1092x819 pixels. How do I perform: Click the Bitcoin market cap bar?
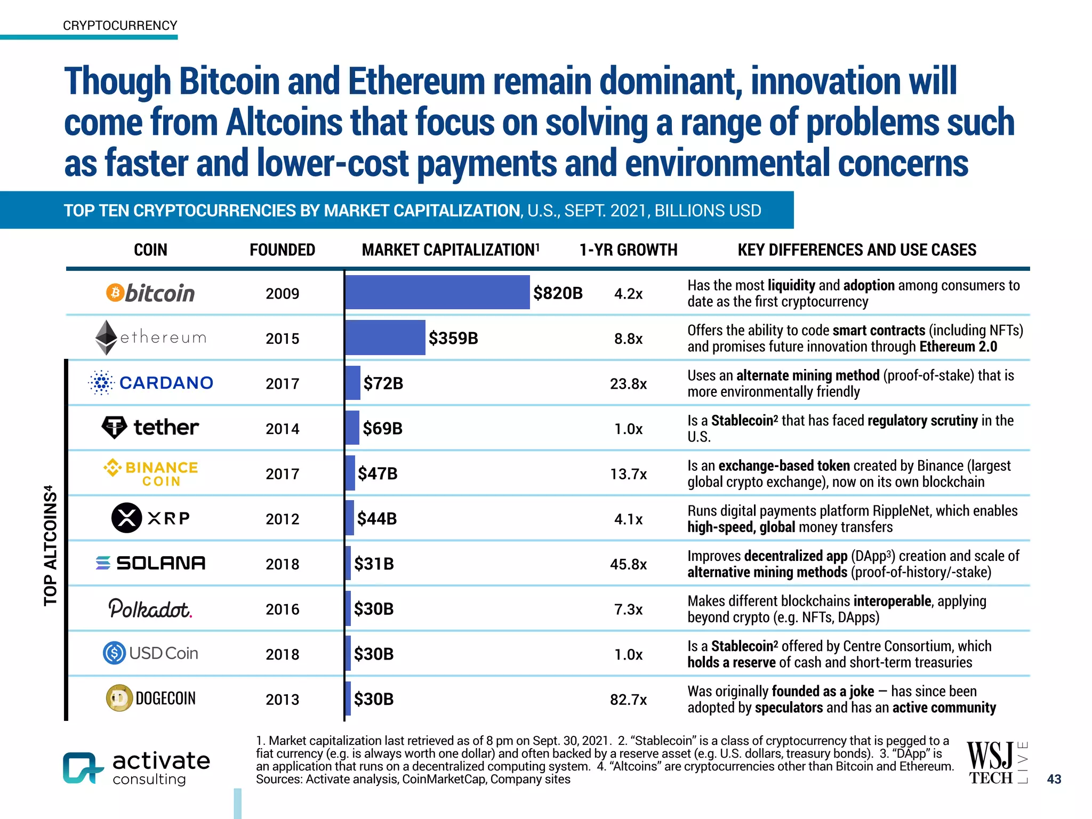point(437,292)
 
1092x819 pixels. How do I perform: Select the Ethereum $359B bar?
point(385,338)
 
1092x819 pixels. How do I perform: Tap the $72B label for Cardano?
point(383,383)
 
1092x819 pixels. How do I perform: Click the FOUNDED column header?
point(282,250)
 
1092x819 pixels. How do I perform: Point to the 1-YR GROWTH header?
point(628,250)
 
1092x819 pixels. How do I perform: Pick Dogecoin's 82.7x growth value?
point(628,700)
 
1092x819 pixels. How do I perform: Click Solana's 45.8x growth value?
point(628,564)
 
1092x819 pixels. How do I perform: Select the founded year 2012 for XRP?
point(282,519)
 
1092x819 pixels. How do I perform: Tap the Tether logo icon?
point(114,427)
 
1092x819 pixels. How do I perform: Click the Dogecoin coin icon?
point(119,698)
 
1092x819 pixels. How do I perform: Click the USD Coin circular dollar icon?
point(114,653)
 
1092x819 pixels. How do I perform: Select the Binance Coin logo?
point(151,473)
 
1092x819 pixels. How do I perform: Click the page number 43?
point(1054,779)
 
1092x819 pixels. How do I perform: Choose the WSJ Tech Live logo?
point(996,762)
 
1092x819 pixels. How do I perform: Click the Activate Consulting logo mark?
point(82,768)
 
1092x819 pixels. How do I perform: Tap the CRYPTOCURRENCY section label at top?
point(120,26)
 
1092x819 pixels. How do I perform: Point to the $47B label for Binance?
point(378,473)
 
